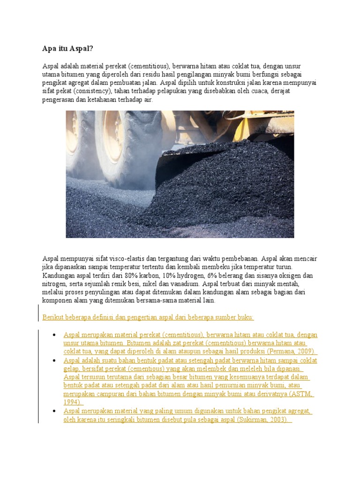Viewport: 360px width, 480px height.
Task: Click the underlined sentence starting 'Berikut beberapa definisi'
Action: (148, 317)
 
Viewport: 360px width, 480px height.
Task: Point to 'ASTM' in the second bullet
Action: (301, 394)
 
